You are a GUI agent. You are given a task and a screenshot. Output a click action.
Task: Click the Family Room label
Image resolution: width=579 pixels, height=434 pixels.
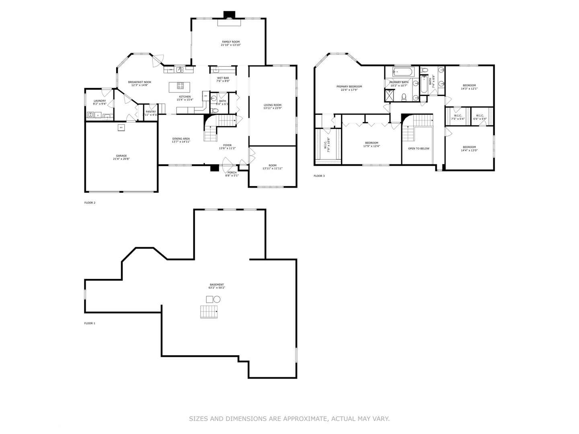click(230, 42)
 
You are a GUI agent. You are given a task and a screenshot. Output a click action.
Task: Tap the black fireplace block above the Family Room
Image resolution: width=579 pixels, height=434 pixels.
click(229, 15)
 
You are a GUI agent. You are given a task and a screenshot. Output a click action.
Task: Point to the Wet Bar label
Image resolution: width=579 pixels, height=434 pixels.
click(223, 78)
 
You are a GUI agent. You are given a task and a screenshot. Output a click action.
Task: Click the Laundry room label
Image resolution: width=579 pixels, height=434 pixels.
click(100, 101)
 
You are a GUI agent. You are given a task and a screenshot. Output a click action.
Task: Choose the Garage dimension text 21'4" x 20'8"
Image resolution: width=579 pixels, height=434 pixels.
click(121, 159)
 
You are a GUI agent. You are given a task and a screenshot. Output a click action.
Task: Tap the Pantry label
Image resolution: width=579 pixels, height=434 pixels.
click(151, 112)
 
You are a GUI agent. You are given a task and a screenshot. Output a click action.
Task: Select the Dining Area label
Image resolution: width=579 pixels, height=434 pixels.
click(181, 139)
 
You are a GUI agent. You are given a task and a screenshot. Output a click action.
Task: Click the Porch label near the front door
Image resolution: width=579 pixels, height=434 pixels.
click(232, 172)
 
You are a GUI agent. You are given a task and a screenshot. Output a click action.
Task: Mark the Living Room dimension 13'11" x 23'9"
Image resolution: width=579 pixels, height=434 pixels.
click(272, 108)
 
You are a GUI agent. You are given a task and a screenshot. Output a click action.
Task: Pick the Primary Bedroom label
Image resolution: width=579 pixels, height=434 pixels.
click(349, 86)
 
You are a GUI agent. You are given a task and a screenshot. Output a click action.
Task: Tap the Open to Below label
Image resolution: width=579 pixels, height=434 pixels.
click(419, 149)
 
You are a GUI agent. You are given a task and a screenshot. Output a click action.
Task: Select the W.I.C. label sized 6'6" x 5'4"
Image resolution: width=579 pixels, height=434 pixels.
click(480, 116)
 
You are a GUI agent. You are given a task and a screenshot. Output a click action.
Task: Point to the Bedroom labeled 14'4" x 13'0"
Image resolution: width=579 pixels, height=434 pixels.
click(469, 147)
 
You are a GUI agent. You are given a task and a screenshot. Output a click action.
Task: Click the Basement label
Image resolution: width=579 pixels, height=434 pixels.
click(217, 285)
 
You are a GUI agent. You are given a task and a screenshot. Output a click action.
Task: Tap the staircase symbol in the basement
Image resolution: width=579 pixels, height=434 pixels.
click(209, 312)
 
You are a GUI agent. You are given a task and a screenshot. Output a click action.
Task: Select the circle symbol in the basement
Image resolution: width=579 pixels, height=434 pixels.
click(217, 299)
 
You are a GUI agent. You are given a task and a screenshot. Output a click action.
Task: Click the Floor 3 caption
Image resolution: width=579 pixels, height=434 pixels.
click(319, 176)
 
